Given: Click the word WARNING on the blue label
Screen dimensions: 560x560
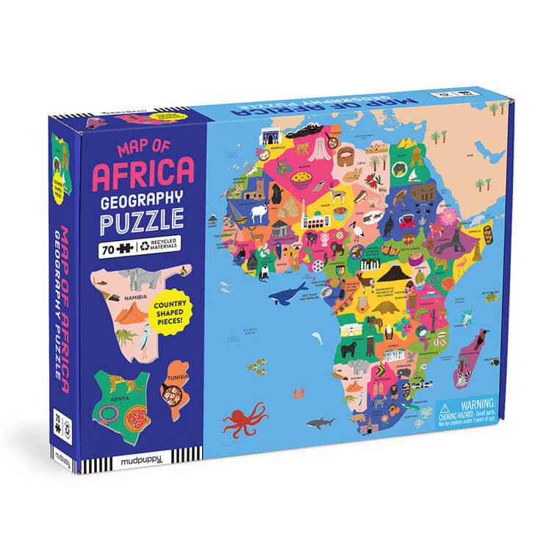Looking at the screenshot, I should coord(470,404).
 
